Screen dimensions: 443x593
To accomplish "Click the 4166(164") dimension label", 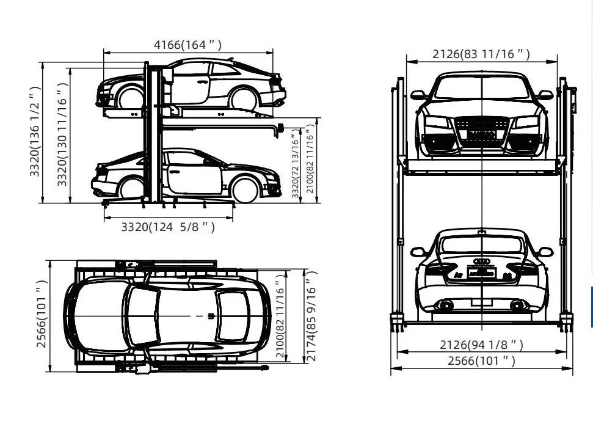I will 187,45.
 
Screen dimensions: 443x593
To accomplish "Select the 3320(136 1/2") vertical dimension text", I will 35,131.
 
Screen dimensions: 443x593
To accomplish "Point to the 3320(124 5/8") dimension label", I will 168,227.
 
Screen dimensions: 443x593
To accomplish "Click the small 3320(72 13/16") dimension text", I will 296,164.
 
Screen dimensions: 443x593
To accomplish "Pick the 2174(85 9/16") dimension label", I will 311,316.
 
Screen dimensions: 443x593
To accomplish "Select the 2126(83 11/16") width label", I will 481,54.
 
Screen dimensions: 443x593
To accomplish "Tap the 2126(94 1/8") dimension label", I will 481,345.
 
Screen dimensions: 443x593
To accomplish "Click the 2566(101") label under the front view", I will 481,361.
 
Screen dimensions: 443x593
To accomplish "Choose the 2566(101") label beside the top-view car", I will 42,314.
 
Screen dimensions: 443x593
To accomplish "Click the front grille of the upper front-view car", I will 482,131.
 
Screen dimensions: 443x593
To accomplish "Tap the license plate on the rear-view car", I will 482,273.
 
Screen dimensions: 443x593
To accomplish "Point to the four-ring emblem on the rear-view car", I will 482,262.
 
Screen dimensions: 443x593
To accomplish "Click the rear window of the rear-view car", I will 482,245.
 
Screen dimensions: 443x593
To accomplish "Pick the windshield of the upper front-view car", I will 482,89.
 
